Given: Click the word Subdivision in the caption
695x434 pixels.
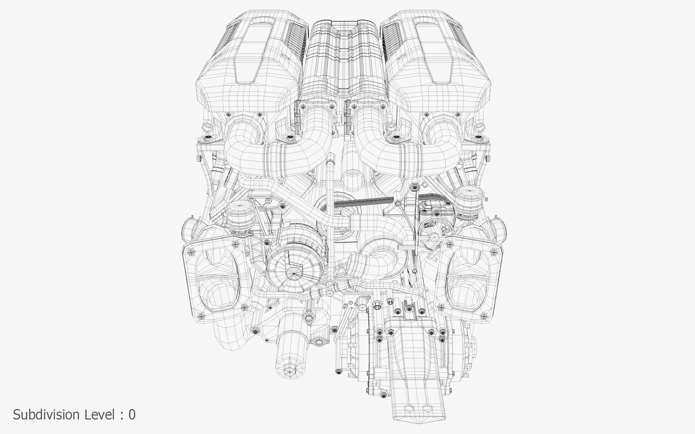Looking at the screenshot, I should pyautogui.click(x=46, y=414).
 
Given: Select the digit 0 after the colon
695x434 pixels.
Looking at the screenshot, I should pyautogui.click(x=132, y=414).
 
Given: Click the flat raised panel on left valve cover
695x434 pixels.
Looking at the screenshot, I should pyautogui.click(x=253, y=54).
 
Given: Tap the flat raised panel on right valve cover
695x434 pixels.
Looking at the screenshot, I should pyautogui.click(x=434, y=54).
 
